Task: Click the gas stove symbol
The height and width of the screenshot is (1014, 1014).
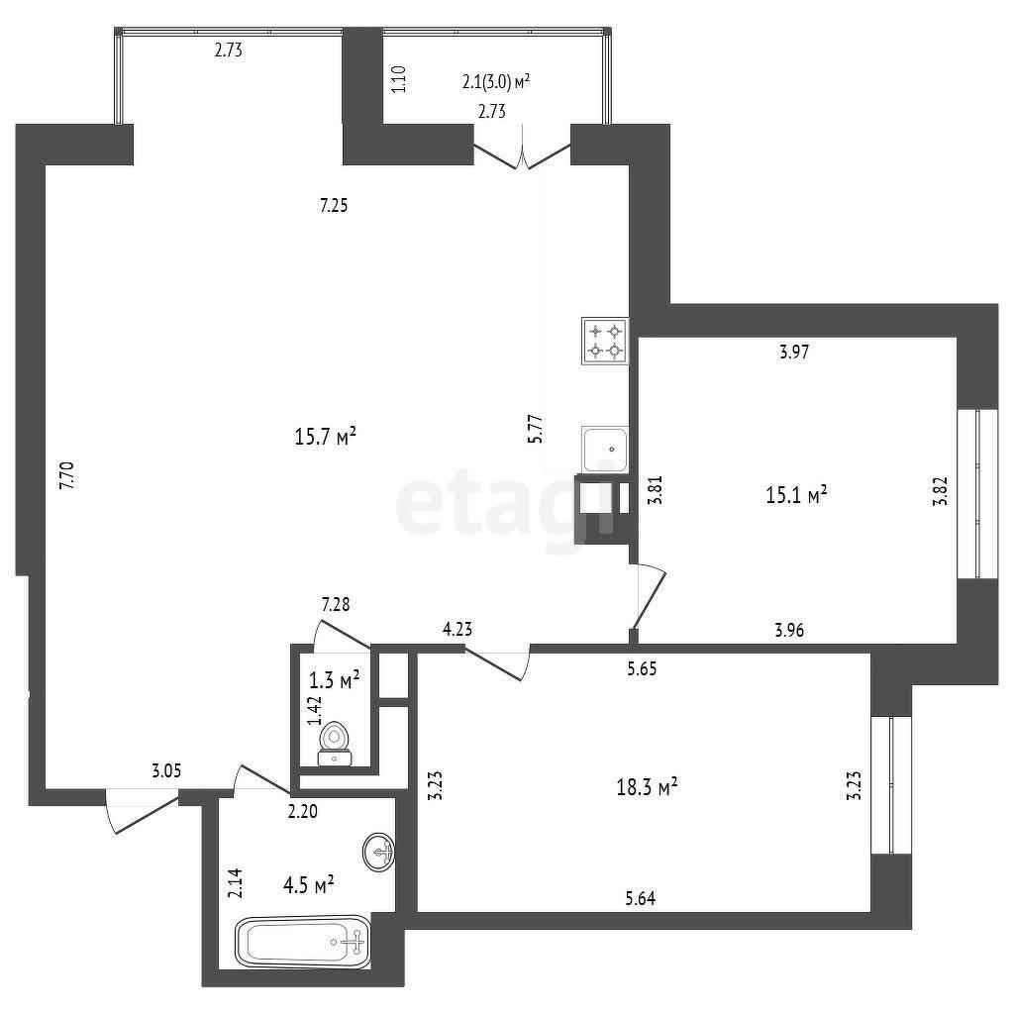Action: click(x=605, y=341)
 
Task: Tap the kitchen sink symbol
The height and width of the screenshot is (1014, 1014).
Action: click(x=605, y=449)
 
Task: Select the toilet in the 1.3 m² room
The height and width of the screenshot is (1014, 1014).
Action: click(x=335, y=744)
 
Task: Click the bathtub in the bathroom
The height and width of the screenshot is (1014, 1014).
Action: click(x=303, y=942)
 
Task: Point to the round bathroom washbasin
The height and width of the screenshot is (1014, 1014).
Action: click(x=379, y=853)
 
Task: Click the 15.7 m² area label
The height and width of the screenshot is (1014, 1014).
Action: click(x=325, y=437)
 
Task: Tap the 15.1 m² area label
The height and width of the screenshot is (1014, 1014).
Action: click(x=797, y=495)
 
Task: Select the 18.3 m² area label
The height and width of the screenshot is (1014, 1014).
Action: click(x=648, y=787)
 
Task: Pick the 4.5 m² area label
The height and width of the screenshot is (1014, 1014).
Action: click(x=309, y=884)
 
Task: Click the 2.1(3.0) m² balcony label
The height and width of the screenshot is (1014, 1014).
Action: click(x=496, y=81)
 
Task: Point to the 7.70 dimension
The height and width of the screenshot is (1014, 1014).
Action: click(x=67, y=475)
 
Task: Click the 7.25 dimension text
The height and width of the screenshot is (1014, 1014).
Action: click(x=334, y=205)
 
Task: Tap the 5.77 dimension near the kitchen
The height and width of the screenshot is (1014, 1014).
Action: click(x=536, y=428)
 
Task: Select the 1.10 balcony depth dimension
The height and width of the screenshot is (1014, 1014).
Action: click(x=399, y=79)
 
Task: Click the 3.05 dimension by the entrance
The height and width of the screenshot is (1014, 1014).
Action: click(x=166, y=770)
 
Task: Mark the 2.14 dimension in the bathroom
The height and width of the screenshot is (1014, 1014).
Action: click(x=237, y=883)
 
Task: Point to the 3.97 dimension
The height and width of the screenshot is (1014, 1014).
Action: click(x=794, y=352)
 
